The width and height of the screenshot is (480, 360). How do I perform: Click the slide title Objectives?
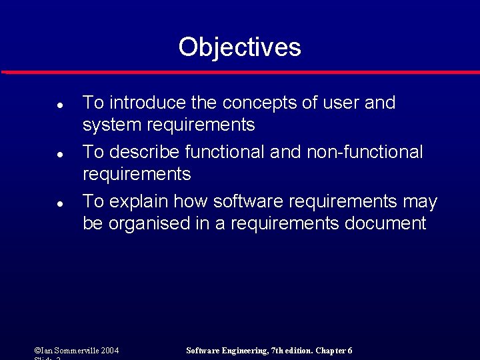[239, 47]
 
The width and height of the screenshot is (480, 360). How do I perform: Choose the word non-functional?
[365, 152]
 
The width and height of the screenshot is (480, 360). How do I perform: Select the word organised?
[149, 223]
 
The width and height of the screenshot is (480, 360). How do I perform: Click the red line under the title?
[240, 72]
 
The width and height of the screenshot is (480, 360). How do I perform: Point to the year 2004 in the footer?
[111, 351]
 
